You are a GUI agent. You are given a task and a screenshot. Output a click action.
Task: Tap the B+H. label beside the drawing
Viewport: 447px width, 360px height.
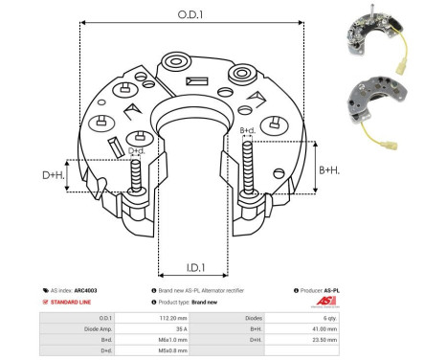[328, 169]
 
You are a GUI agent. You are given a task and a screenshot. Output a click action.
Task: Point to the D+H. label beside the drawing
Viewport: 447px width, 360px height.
[55, 175]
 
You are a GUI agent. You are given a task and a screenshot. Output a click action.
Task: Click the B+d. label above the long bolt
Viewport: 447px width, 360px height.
[246, 130]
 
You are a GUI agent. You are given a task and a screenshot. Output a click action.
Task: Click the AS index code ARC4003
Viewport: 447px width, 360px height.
[85, 289]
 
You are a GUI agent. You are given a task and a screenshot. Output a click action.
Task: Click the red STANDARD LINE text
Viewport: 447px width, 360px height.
[68, 302]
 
